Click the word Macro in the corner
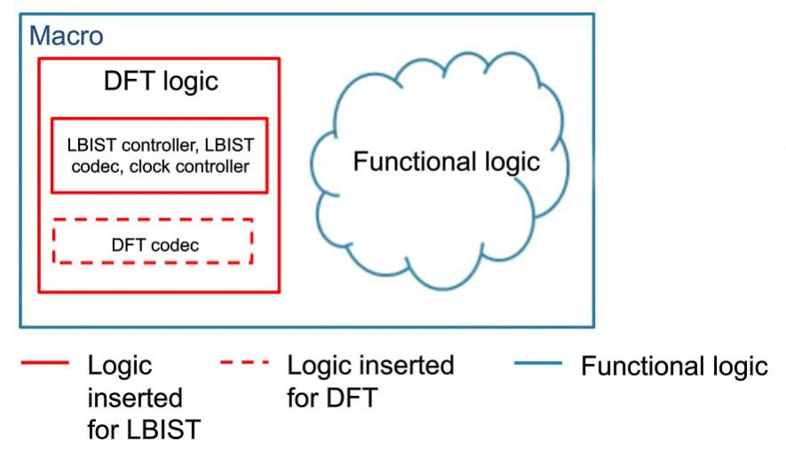coord(67,35)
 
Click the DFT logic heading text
coord(161,81)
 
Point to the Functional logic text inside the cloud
coord(446,162)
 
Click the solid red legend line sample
coord(45,362)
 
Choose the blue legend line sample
coord(538,363)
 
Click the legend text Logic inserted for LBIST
coord(144,398)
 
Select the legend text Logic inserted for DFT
coord(370,382)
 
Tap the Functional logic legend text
coord(674,366)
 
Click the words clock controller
coord(189,166)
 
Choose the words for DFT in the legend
coord(332,398)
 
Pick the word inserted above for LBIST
coord(135,398)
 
